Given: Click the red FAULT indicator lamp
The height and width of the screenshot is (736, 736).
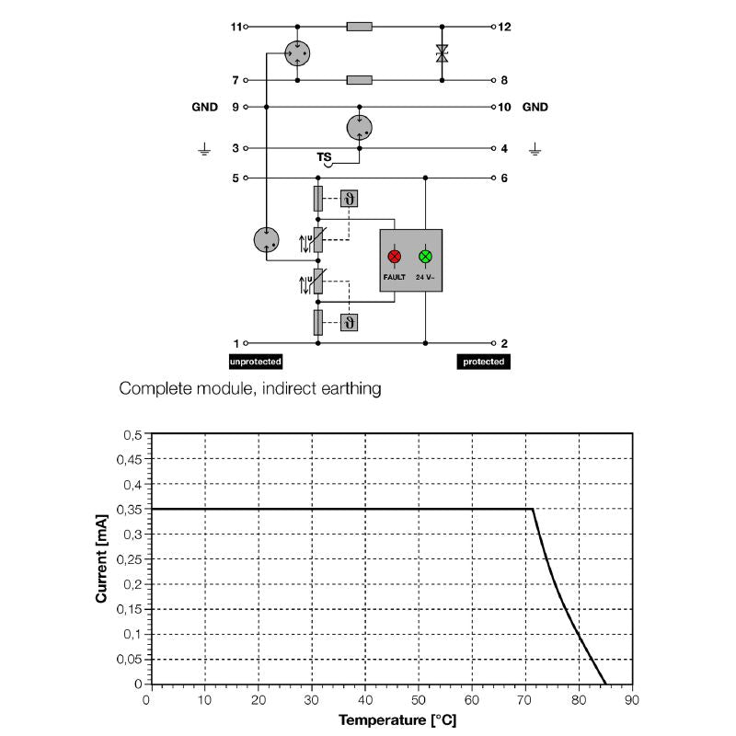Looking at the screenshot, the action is tap(395, 257).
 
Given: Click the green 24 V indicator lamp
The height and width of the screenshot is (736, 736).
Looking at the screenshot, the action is tap(425, 257).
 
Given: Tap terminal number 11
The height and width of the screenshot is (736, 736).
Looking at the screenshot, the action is tap(236, 27).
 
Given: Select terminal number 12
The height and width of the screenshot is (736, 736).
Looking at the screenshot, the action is tap(504, 27).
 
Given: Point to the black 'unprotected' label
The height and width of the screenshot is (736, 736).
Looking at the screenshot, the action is tap(256, 362).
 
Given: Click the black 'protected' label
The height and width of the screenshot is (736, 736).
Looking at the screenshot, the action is tap(484, 362).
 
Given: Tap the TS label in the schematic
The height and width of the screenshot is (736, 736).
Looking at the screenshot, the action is tap(324, 156).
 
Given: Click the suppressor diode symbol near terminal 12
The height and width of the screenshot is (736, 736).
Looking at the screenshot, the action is tap(442, 53).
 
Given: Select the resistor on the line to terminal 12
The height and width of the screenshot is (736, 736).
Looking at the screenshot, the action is tap(360, 27).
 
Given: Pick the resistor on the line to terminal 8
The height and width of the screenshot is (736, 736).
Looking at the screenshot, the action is tap(360, 80).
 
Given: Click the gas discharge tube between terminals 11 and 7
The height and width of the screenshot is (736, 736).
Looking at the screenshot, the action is tap(297, 53).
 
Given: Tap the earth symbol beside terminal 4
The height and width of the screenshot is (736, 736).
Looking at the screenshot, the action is tap(535, 149).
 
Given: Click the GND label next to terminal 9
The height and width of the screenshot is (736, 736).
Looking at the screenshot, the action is tap(204, 107).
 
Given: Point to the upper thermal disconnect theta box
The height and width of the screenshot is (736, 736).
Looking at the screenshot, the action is tap(349, 199).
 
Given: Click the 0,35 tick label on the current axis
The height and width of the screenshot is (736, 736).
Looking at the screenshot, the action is tap(129, 510).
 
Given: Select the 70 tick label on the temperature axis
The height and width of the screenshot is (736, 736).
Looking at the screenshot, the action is tap(524, 700).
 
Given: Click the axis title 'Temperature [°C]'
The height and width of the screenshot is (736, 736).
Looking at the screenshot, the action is tap(397, 720).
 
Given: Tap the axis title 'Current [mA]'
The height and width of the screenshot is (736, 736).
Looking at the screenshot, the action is tap(101, 558).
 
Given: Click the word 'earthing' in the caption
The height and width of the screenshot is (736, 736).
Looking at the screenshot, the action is tap(351, 389).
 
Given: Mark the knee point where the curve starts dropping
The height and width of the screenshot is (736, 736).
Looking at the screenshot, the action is tap(533, 509).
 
